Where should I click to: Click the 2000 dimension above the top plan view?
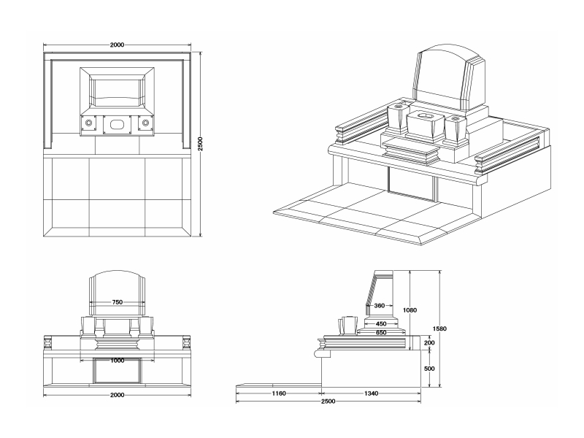pos(117,45)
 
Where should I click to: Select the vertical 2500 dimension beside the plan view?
pos(200,144)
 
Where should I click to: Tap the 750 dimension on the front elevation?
pos(117,301)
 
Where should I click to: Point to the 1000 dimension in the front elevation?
pos(117,360)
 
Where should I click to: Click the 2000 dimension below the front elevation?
pos(117,394)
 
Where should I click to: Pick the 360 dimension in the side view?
pos(379,306)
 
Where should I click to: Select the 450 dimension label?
pos(381,323)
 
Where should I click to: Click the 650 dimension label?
pos(381,333)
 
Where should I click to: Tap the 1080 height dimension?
pos(410,310)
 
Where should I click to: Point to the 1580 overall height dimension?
pos(439,328)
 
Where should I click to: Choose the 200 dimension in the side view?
pos(429,342)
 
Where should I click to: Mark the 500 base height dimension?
pos(429,369)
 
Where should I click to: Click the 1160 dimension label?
pos(278,393)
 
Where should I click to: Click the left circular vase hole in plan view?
pos(89,124)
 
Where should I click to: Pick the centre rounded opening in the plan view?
pos(117,124)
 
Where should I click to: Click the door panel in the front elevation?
pos(116,371)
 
